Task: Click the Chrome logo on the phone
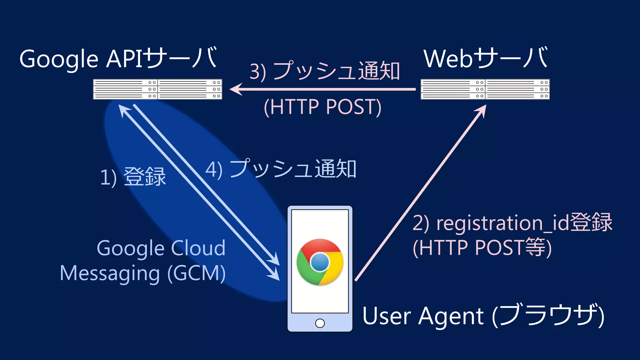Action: pos(320,262)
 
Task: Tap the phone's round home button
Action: pos(320,323)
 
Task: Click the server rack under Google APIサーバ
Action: pos(157,89)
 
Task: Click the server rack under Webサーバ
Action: pos(485,89)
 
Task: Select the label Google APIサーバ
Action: pos(118,58)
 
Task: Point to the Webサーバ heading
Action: pos(485,58)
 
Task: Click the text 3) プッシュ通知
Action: pos(325,71)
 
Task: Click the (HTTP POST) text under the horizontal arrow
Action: pos(322,107)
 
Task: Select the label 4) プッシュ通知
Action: pos(281,169)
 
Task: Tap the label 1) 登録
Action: pos(133,177)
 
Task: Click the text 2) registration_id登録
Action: pos(512,223)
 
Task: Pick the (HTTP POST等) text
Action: pos(482,248)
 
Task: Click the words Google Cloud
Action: pos(161,248)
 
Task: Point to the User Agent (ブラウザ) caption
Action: pos(483,316)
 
